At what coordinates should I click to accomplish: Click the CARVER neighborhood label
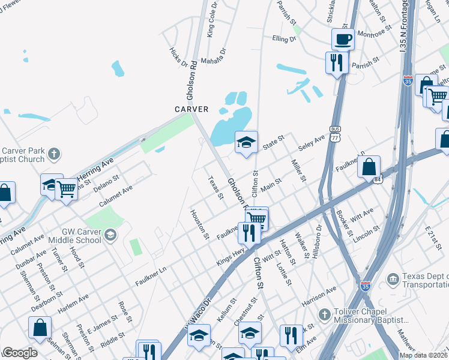pos(191,109)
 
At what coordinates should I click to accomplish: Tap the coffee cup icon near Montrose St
pos(343,40)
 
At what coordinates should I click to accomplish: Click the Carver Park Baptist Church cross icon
pos(53,154)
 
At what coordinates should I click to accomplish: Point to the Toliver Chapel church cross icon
pos(324,314)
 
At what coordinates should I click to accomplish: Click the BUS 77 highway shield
pos(335,134)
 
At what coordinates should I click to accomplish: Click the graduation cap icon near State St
pos(246,143)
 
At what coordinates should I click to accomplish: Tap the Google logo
pos(20,353)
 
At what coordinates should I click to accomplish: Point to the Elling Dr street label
pos(284,39)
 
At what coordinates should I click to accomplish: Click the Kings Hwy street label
pos(231,257)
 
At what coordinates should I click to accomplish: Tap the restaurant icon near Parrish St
pos(336,62)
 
